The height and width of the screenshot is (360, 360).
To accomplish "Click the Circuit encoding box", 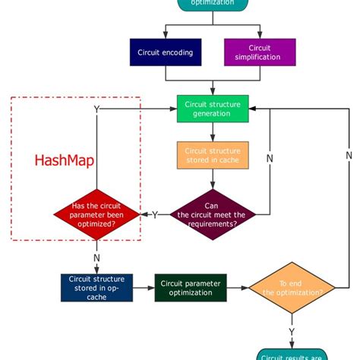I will pos(166,52).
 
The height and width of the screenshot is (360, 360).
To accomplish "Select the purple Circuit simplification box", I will pos(261,52).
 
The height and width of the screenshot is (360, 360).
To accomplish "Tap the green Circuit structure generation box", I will pos(213,109).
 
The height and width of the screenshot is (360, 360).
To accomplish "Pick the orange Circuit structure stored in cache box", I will pos(213,155).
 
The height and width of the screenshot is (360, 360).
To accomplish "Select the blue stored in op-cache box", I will pos(96,287).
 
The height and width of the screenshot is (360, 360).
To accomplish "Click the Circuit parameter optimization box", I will pos(191,287).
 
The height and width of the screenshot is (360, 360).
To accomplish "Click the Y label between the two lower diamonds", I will pos(155,215).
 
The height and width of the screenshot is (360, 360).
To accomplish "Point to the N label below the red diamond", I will pos(96,257).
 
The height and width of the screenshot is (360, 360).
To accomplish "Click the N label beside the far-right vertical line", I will pos(349,155).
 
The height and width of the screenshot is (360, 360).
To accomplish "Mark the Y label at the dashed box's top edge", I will pos(96,109).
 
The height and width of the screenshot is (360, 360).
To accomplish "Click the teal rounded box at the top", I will pos(213,4).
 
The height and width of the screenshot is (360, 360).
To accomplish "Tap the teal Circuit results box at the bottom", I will pos(292,355).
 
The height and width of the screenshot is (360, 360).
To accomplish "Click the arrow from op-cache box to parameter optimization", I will pos(144,287).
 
